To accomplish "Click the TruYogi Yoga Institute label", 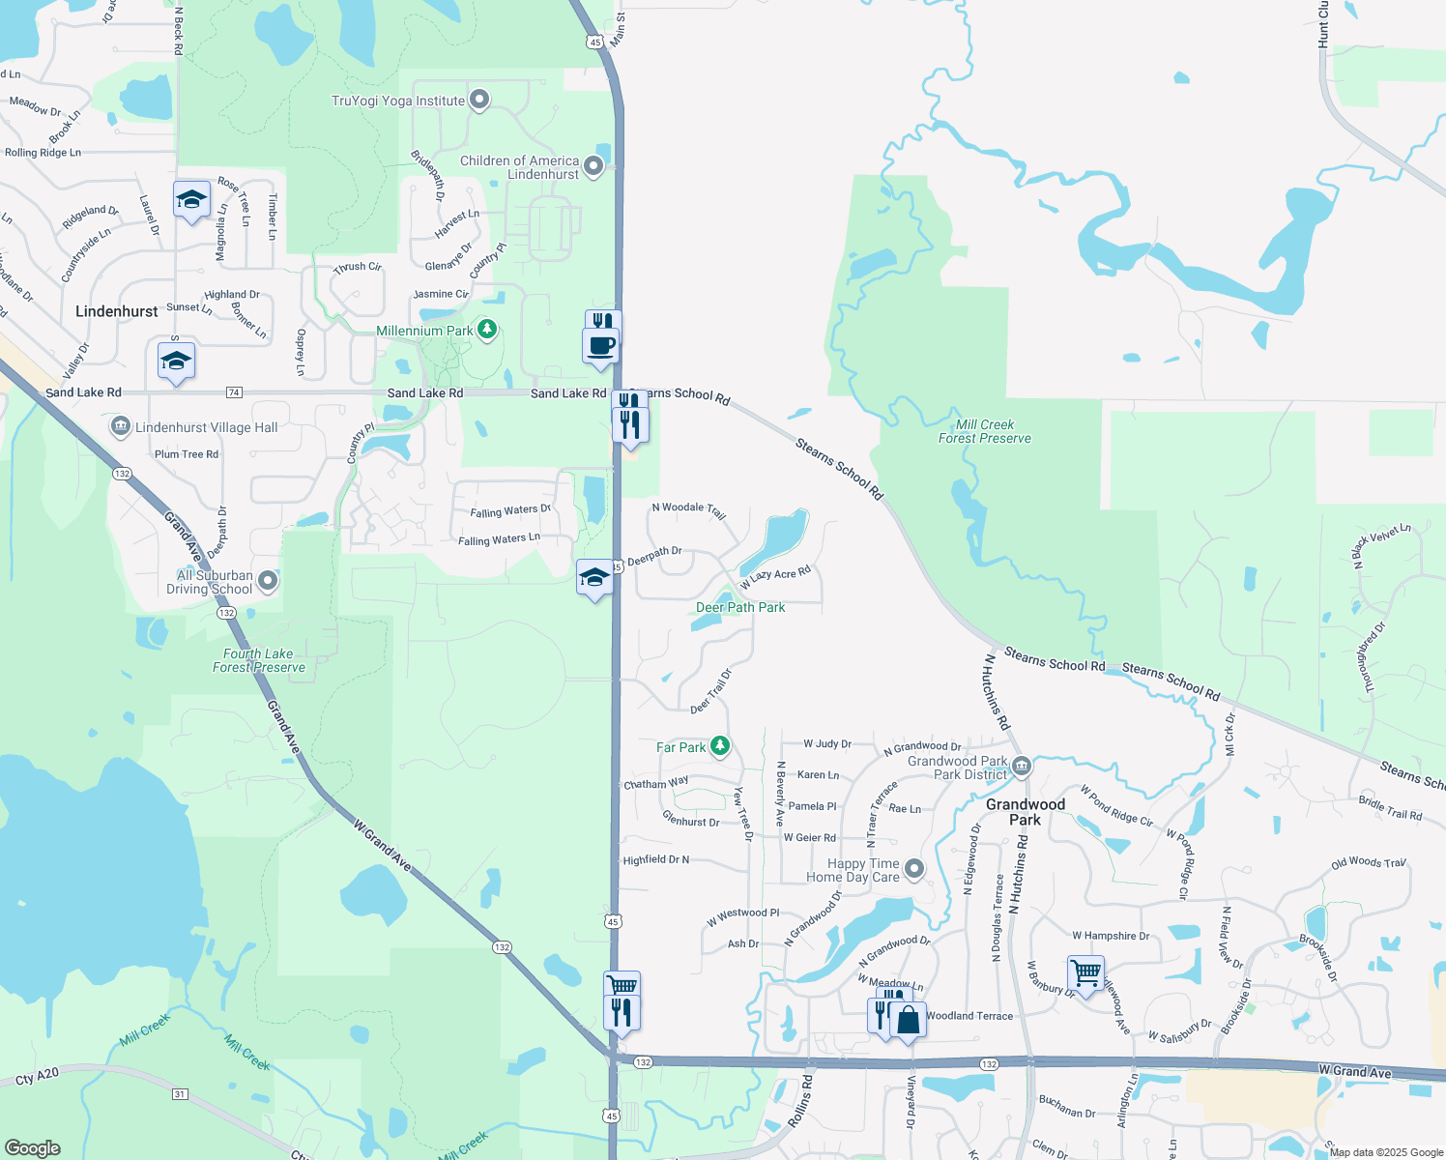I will (x=398, y=101).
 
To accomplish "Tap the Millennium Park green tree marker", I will (x=487, y=331).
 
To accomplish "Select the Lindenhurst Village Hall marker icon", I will (x=121, y=426).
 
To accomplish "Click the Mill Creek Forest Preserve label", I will (x=984, y=431).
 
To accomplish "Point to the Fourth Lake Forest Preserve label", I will (x=258, y=660).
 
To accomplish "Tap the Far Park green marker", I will (x=719, y=746).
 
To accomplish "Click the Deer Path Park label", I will (x=740, y=607).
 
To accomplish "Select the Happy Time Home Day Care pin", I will (x=914, y=869).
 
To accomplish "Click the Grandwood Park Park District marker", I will (x=1022, y=768).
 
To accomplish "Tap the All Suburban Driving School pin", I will (x=269, y=581).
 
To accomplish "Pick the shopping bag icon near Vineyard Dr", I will (x=908, y=1020).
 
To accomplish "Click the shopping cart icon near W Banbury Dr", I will (x=1085, y=972).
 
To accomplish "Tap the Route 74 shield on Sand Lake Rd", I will (x=234, y=392).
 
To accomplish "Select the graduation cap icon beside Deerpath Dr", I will (x=593, y=578).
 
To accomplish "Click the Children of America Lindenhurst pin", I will (x=593, y=166).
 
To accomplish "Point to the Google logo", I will (x=32, y=1147).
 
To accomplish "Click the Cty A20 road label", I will (x=38, y=1076).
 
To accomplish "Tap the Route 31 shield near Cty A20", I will (x=180, y=1094).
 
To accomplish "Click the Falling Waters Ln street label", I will (x=499, y=539).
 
